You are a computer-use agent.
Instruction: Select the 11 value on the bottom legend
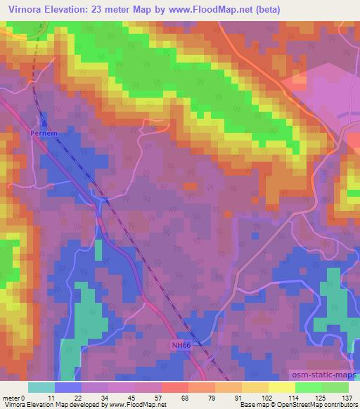51,397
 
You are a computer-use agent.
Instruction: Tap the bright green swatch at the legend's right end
335,387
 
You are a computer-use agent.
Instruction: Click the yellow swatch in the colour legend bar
281,387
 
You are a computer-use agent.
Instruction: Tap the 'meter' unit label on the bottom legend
10,397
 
